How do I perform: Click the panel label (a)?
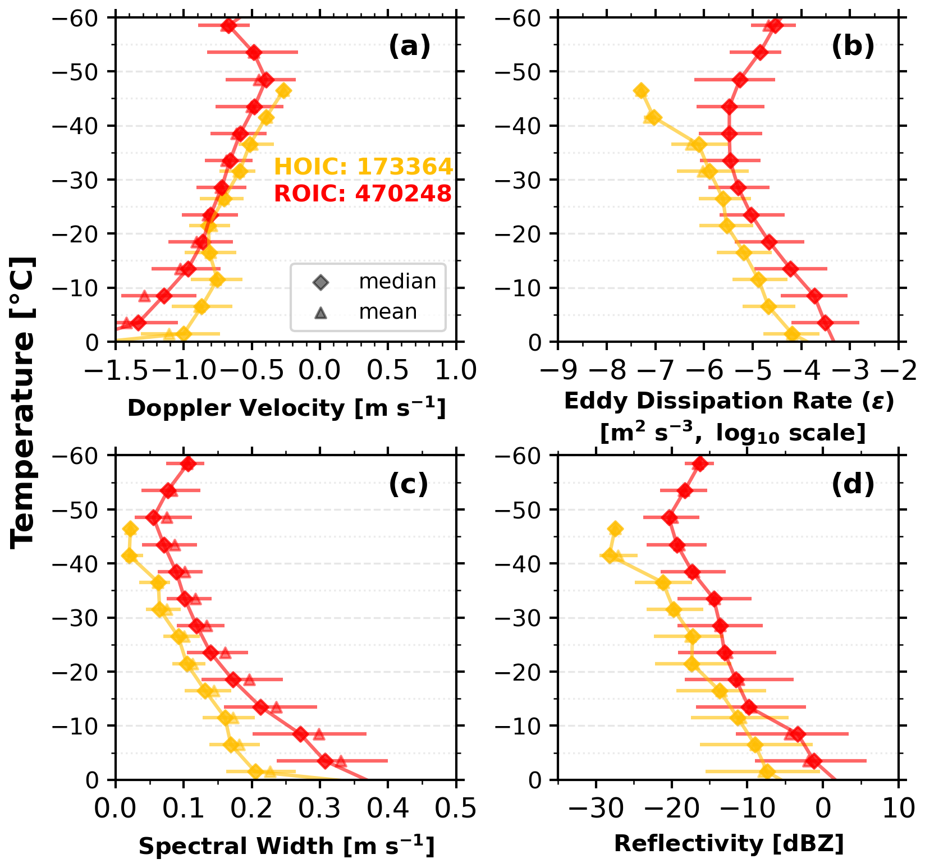click(410, 47)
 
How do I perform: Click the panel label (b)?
click(853, 47)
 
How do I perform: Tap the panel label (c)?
click(409, 484)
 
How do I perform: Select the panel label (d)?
click(853, 484)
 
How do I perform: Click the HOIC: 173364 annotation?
click(363, 167)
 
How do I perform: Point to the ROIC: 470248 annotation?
click(363, 194)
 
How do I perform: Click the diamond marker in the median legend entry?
click(321, 282)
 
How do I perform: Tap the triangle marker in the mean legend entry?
click(321, 312)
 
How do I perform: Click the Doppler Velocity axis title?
click(287, 408)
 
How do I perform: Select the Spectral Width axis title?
click(287, 846)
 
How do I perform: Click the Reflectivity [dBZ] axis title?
click(729, 843)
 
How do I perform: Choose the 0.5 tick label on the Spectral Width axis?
click(456, 809)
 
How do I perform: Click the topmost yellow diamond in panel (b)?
click(641, 91)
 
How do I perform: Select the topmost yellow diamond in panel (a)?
click(284, 91)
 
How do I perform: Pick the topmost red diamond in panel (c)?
click(188, 464)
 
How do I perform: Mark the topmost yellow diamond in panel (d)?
click(615, 529)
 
